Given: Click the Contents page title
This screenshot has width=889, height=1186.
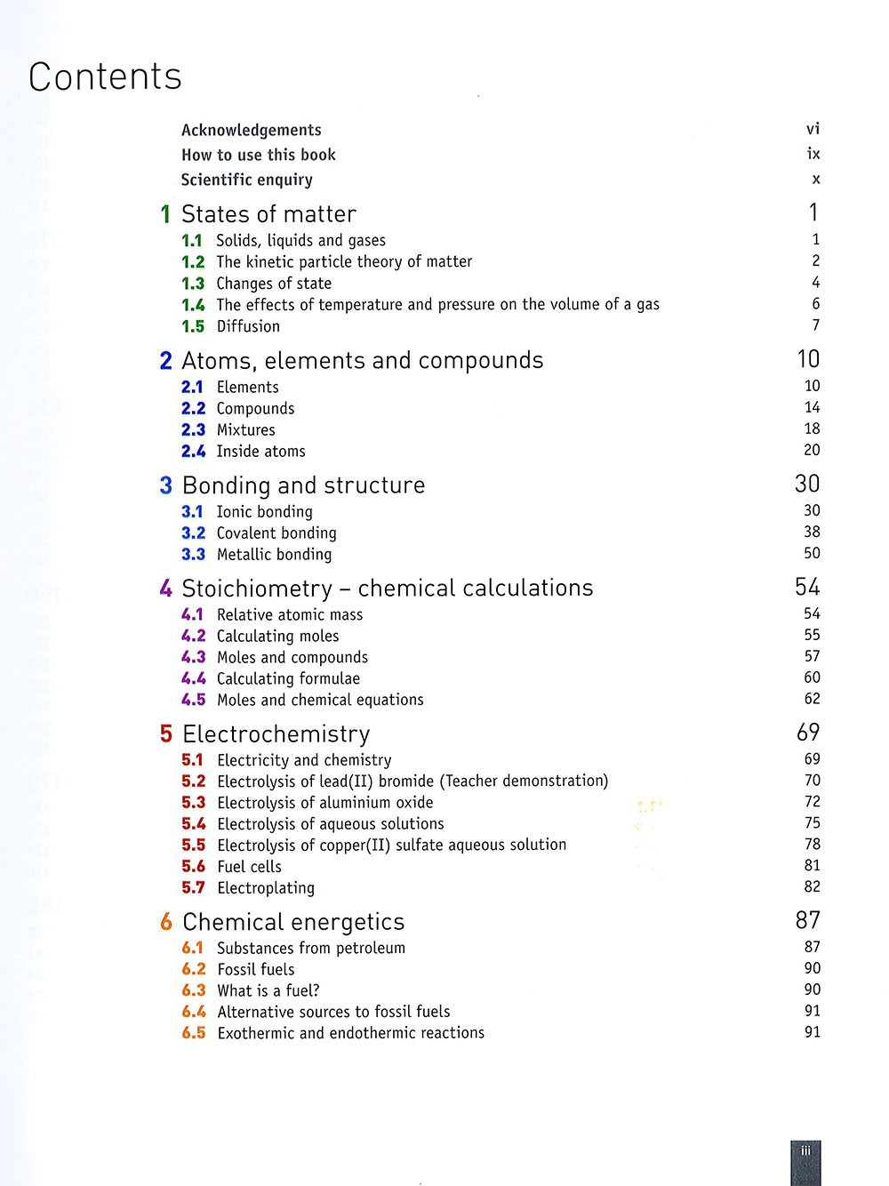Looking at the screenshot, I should coord(105,77).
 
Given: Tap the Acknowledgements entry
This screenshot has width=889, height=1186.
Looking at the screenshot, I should coord(251,130).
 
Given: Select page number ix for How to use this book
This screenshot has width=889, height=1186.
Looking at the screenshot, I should coord(813,154).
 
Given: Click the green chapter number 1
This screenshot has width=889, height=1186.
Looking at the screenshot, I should coord(165,214).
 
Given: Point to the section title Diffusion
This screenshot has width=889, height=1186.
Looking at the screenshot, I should coord(248,326).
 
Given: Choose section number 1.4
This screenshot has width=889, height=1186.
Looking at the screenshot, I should coord(193,305).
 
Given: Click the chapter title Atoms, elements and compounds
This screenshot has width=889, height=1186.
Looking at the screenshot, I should coord(362,361).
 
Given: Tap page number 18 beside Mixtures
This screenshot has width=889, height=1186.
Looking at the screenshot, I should coord(812,429).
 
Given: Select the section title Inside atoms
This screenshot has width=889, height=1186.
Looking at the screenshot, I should coord(260,452).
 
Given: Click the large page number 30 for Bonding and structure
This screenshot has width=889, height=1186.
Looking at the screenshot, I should coord(806,484).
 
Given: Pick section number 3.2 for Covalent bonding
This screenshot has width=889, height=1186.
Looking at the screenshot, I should coord(193,533).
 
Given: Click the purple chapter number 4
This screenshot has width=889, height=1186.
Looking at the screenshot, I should coord(166,589).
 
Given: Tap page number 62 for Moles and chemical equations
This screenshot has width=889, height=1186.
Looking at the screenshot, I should coord(812,699).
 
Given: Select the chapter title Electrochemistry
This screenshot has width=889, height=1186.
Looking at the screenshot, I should coord(276,734).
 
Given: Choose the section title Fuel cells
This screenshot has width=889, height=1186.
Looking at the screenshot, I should coord(249,867).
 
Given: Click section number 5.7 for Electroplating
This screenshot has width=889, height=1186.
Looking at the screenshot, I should coord(193,888).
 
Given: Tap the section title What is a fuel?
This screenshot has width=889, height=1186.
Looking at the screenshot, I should coord(268,990).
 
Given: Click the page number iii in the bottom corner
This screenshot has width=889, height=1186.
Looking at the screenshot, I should coord(805,1151).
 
